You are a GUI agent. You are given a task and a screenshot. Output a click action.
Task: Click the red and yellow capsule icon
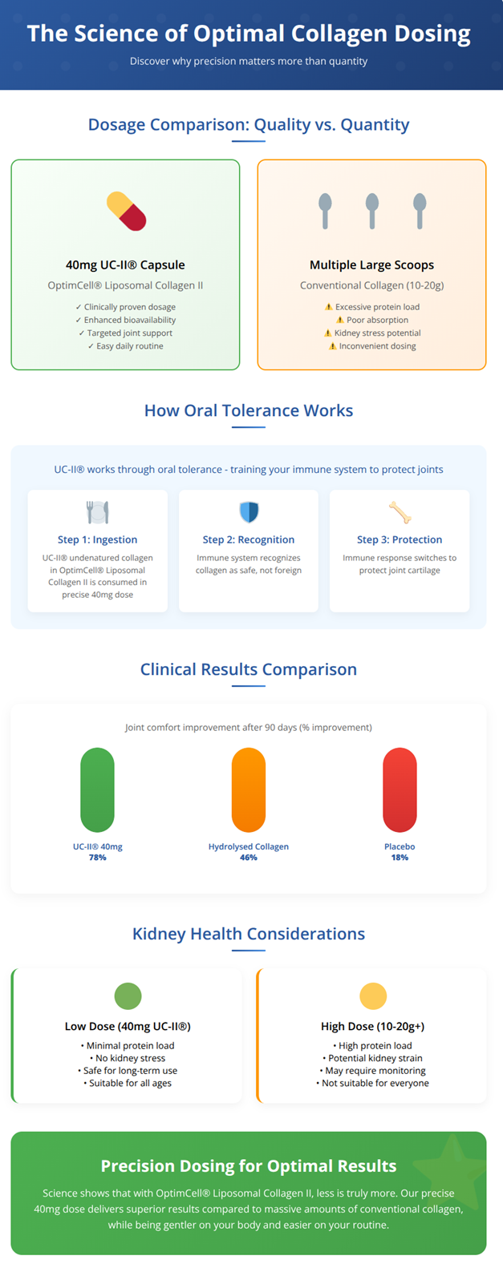pos(126,212)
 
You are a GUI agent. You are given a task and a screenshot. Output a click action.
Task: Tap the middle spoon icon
pos(372,211)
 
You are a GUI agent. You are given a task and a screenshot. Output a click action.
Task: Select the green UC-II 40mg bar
pos(97,789)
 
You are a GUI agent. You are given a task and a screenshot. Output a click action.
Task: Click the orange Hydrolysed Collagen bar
pos(249,789)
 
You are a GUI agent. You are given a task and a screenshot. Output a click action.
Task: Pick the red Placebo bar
pos(400,789)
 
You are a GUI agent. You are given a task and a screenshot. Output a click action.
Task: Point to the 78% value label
pos(97,858)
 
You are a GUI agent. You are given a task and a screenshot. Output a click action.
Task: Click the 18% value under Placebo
pos(400,858)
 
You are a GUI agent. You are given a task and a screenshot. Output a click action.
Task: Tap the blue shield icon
pos(249,511)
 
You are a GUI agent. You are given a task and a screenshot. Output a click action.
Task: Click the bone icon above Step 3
pos(400,512)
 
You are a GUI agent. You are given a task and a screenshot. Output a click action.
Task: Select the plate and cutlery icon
pos(97,512)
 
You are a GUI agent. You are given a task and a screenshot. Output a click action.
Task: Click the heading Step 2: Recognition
pos(249,539)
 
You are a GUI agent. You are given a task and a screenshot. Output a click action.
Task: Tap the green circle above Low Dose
pos(128,996)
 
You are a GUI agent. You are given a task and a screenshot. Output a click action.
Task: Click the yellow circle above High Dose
pos(373,996)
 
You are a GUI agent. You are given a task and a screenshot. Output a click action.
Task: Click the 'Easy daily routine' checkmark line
pos(126,345)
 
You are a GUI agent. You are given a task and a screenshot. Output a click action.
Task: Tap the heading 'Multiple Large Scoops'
pos(371,264)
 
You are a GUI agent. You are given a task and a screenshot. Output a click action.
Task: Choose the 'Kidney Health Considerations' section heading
pos(249,934)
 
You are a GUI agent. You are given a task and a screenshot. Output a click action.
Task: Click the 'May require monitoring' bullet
pos(372,1070)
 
